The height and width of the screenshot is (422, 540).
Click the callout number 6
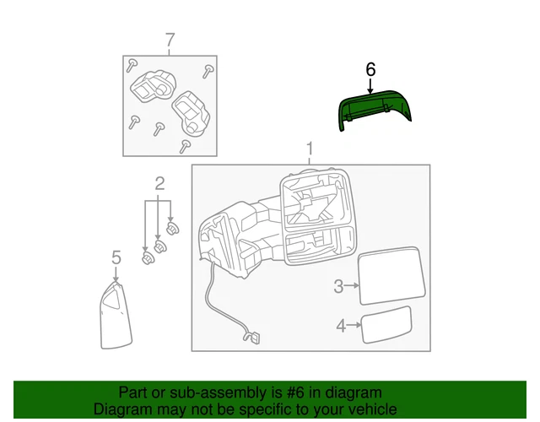click(x=370, y=69)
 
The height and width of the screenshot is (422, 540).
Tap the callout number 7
click(x=170, y=41)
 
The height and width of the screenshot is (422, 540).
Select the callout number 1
click(x=310, y=149)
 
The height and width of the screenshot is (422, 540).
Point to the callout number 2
click(x=159, y=184)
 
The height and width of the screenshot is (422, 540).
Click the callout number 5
click(x=116, y=257)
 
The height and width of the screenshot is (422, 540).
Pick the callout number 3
click(x=338, y=286)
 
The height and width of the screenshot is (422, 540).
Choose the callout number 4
click(x=341, y=326)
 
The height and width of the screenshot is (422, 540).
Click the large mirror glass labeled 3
click(x=391, y=276)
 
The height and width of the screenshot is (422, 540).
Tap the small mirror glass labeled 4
click(x=386, y=325)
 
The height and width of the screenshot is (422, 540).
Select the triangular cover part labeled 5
click(x=116, y=315)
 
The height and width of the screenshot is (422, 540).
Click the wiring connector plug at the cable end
click(x=255, y=338)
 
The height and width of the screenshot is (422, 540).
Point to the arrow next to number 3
click(x=351, y=285)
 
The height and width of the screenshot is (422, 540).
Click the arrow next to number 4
click(x=354, y=325)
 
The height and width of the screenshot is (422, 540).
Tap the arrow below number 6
click(x=370, y=86)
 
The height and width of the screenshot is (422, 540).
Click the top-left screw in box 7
click(x=132, y=65)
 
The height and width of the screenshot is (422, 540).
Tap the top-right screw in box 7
click(x=208, y=71)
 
